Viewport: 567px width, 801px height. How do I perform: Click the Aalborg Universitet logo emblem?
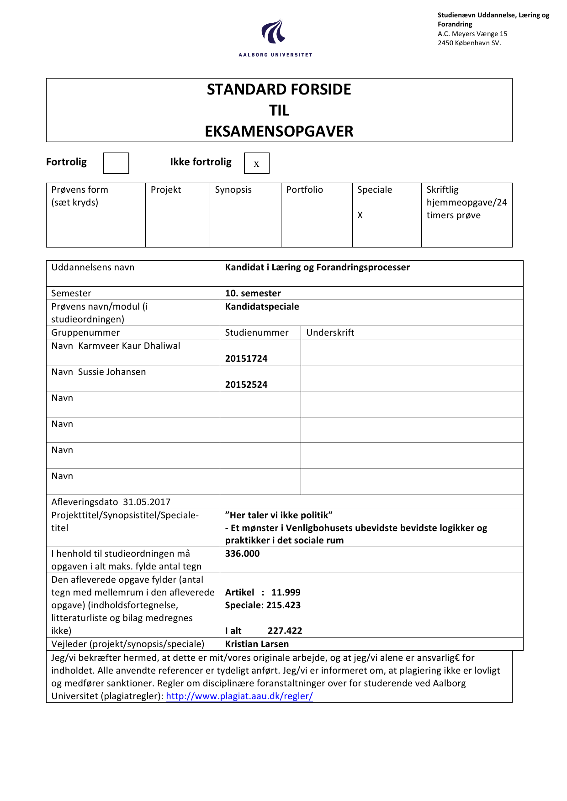pyautogui.click(x=274, y=32)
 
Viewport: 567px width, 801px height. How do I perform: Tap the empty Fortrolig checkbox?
pyautogui.click(x=116, y=163)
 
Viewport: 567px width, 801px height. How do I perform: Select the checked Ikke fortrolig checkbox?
pyautogui.click(x=256, y=163)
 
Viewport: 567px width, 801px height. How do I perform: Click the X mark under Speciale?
pyautogui.click(x=360, y=215)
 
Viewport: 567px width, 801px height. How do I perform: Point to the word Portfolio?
pyautogui.click(x=304, y=190)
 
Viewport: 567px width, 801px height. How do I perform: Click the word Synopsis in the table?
pyautogui.click(x=233, y=190)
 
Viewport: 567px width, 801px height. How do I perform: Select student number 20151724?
pyautogui.click(x=246, y=358)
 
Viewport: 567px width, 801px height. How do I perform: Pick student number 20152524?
pyautogui.click(x=246, y=385)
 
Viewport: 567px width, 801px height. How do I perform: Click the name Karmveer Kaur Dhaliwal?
pyautogui.click(x=129, y=346)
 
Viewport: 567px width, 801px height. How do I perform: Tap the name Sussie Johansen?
pyautogui.click(x=112, y=372)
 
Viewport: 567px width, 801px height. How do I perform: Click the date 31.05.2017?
pyautogui.click(x=147, y=502)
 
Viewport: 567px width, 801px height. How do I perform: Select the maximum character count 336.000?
pyautogui.click(x=242, y=553)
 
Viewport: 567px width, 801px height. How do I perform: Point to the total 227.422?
pyautogui.click(x=285, y=631)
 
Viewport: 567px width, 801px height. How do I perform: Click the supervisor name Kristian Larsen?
pyautogui.click(x=257, y=644)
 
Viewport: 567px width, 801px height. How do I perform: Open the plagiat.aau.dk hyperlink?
pyautogui.click(x=239, y=696)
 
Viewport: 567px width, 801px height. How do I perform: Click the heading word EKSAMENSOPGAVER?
pyautogui.click(x=279, y=132)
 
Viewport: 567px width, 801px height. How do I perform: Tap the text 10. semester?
pyautogui.click(x=253, y=293)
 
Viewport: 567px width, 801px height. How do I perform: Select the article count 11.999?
pyautogui.click(x=286, y=592)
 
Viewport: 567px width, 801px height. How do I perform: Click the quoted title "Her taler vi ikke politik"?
pyautogui.click(x=279, y=515)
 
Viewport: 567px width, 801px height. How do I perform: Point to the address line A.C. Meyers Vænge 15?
pyautogui.click(x=472, y=34)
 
